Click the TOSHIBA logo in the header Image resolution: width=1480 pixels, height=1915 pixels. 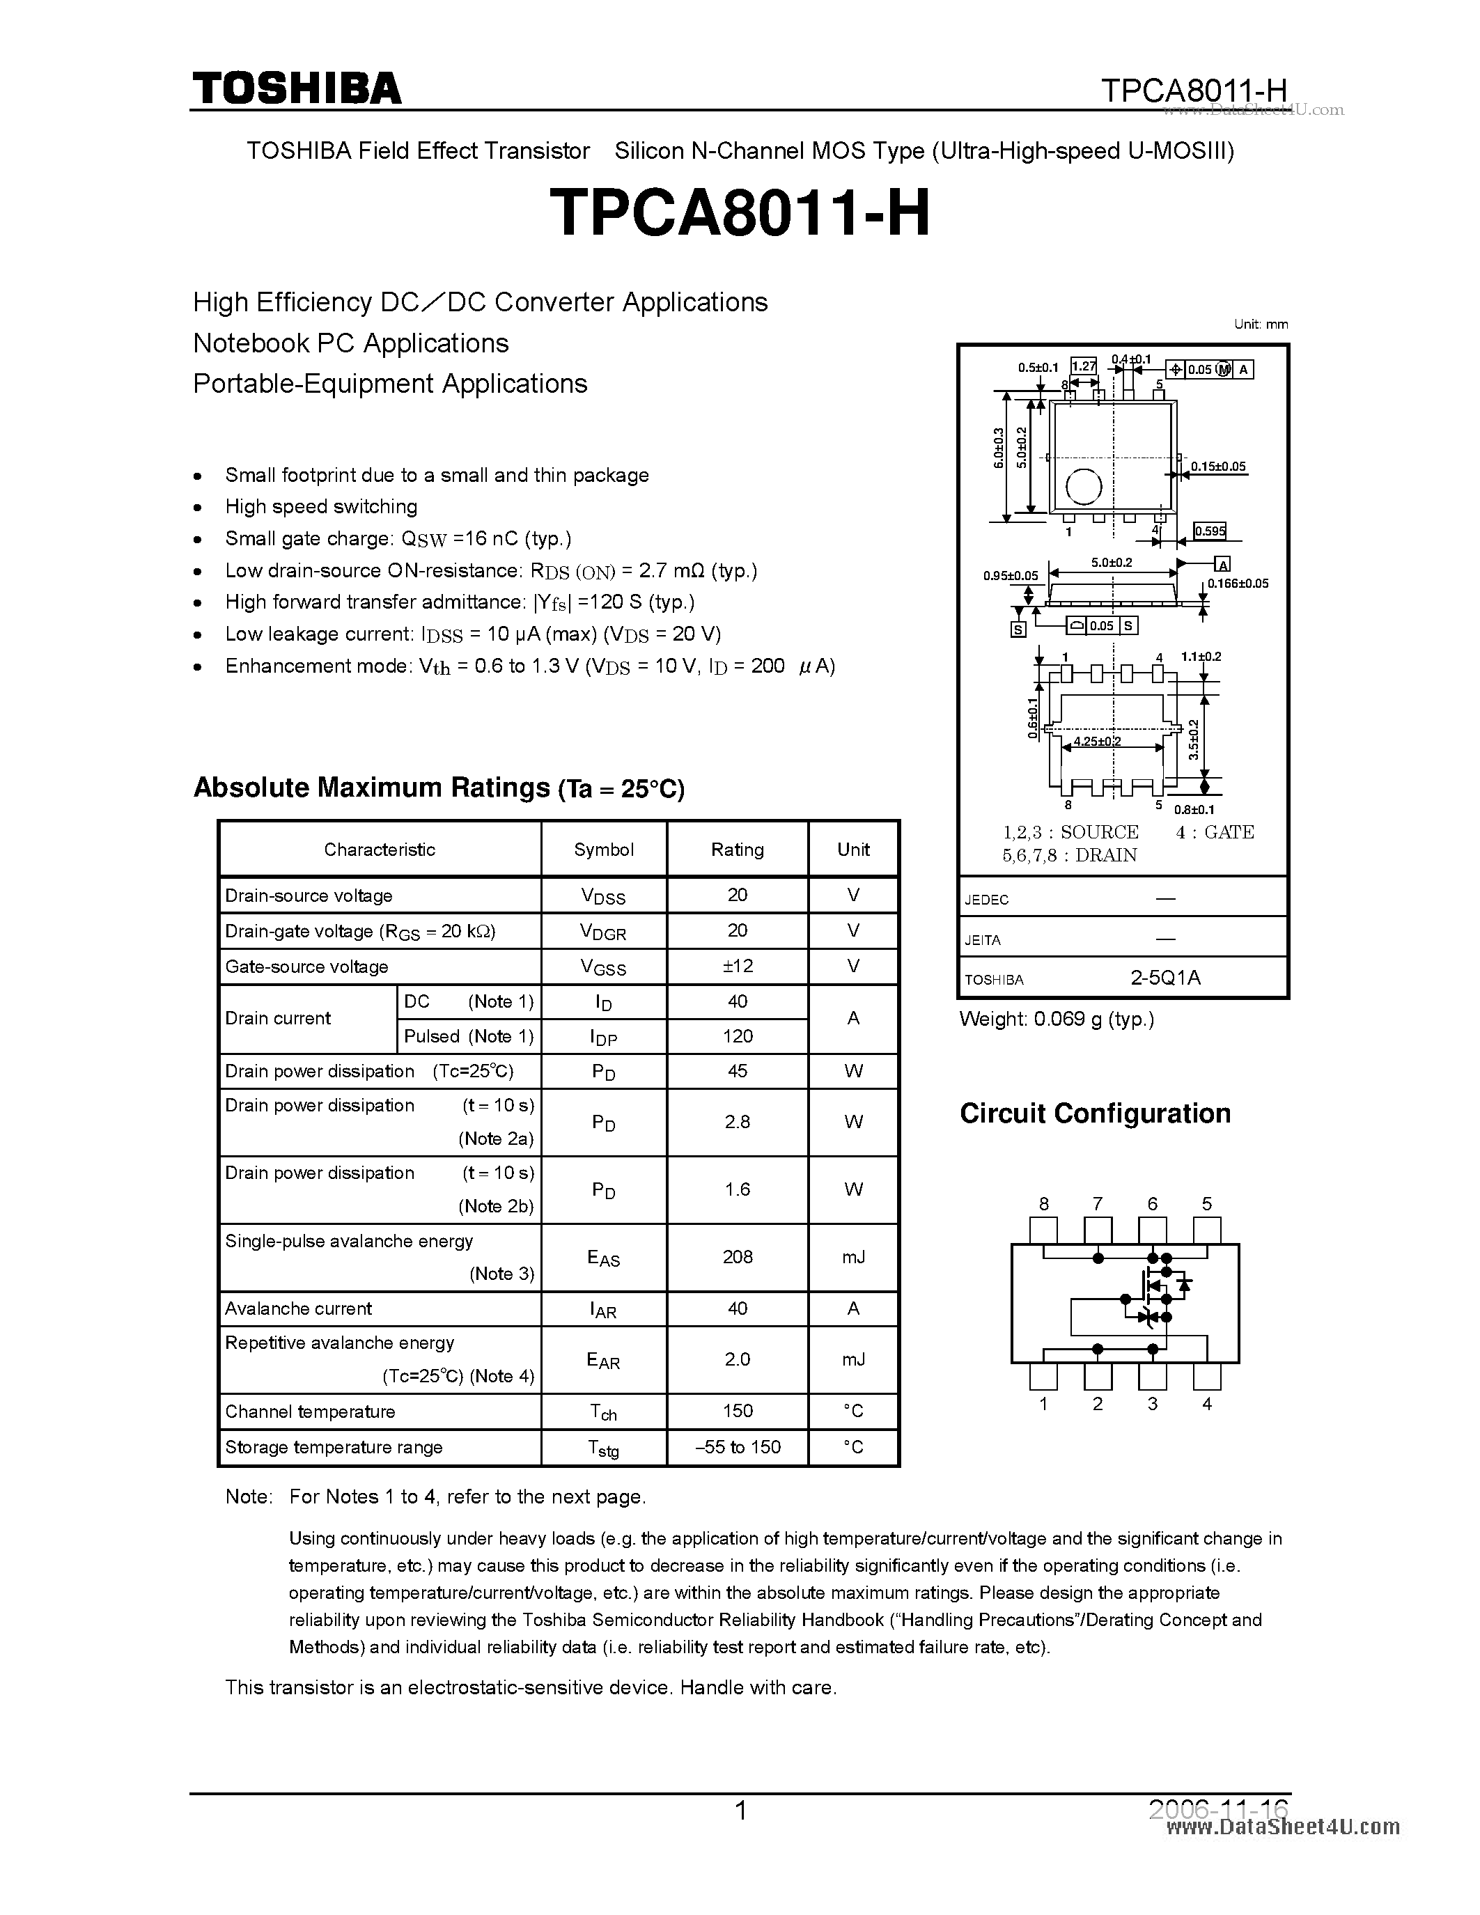click(297, 88)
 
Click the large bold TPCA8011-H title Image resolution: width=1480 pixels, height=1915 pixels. click(739, 214)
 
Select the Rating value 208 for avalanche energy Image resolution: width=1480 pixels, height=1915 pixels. click(738, 1256)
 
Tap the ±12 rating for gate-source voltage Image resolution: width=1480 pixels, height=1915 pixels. click(738, 965)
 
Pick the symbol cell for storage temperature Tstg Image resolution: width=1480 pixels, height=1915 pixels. click(603, 1448)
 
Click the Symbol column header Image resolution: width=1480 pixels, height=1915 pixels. click(603, 849)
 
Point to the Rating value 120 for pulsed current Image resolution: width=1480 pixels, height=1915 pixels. click(738, 1035)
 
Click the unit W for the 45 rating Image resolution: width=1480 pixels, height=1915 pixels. click(853, 1070)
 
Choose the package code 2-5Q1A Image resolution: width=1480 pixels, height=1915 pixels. click(1165, 978)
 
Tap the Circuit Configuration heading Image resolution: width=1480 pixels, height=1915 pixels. click(1095, 1113)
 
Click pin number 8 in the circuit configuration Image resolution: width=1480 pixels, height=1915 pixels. click(1043, 1204)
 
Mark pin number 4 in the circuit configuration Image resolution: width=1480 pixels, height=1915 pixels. click(1206, 1404)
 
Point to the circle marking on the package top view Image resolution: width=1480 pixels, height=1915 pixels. click(1084, 487)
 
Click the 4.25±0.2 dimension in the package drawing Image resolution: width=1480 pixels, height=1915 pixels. click(1097, 741)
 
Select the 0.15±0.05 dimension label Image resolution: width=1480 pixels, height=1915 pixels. click(1218, 467)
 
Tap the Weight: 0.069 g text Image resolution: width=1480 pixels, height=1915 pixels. click(1057, 1019)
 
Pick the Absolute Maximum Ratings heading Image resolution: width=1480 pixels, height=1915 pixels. click(438, 788)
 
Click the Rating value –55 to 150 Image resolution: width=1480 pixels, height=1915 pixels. click(738, 1447)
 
